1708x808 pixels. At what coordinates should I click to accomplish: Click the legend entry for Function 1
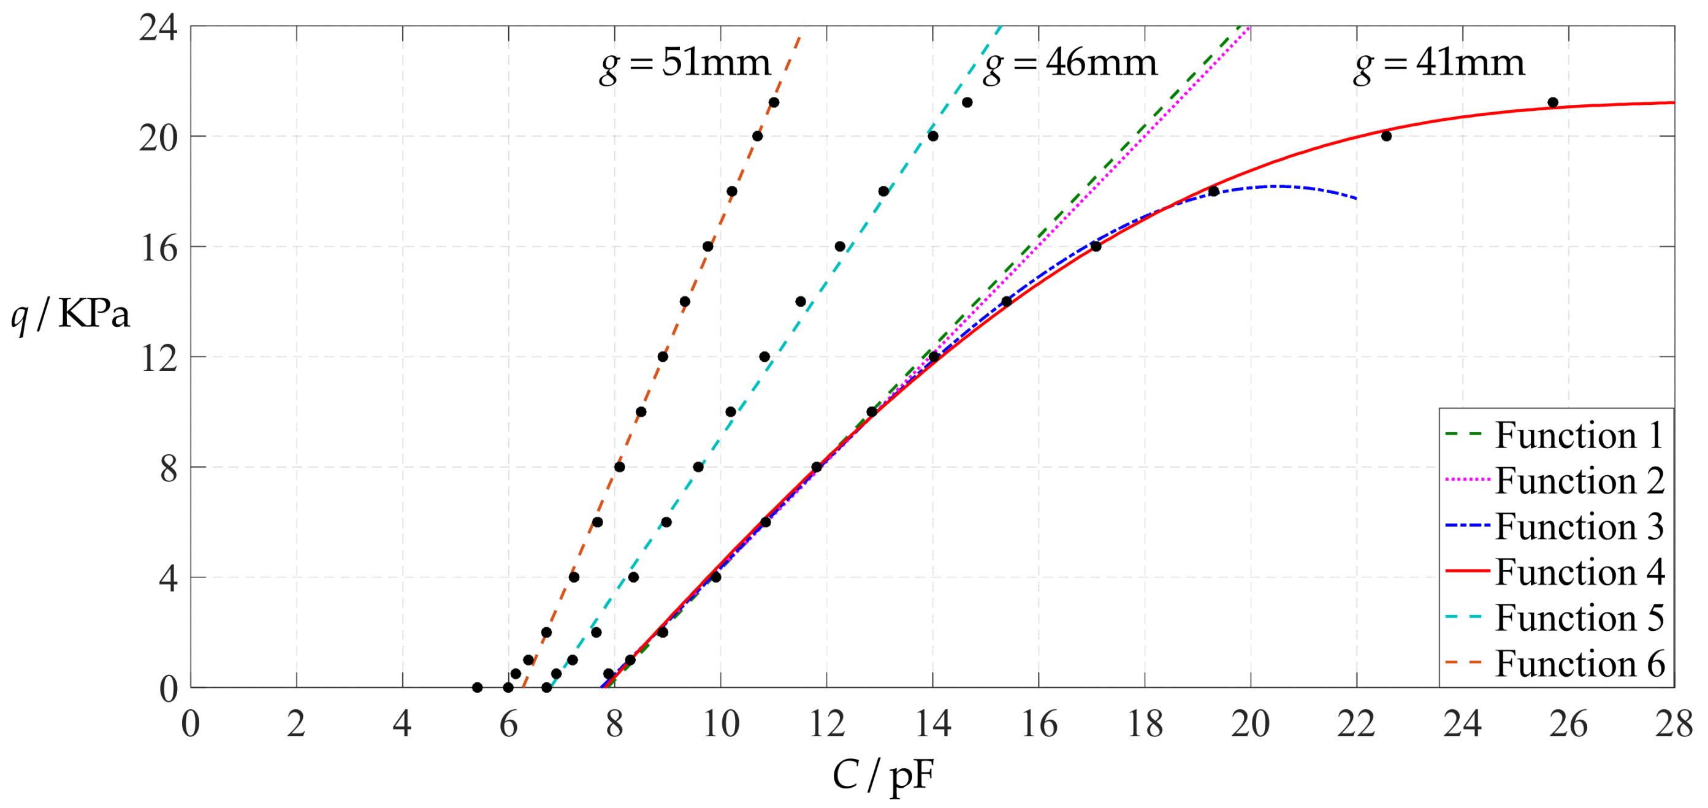pyautogui.click(x=1577, y=435)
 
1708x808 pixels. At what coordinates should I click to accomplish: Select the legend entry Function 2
pyautogui.click(x=1579, y=481)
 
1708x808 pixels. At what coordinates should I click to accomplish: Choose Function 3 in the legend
pyautogui.click(x=1579, y=527)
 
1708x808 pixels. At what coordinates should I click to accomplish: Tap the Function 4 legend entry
pyautogui.click(x=1579, y=572)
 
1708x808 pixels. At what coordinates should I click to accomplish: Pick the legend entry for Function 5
pyautogui.click(x=1579, y=618)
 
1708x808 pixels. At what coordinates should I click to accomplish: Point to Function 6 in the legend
pyautogui.click(x=1579, y=663)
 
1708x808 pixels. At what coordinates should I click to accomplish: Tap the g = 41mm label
pyautogui.click(x=1439, y=64)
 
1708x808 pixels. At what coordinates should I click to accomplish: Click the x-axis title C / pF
pyautogui.click(x=883, y=774)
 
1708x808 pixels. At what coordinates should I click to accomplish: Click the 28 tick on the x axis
pyautogui.click(x=1674, y=723)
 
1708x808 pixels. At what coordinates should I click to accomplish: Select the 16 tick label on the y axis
pyautogui.click(x=159, y=248)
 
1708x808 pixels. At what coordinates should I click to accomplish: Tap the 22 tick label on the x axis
pyautogui.click(x=1356, y=723)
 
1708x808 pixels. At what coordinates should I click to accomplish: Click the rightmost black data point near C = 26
pyautogui.click(x=1553, y=103)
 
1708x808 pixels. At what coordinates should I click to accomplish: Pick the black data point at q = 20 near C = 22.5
pyautogui.click(x=1386, y=136)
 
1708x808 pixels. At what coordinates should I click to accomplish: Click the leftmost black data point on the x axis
pyautogui.click(x=478, y=687)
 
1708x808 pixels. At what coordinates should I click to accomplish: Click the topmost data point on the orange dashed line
pyautogui.click(x=774, y=103)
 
